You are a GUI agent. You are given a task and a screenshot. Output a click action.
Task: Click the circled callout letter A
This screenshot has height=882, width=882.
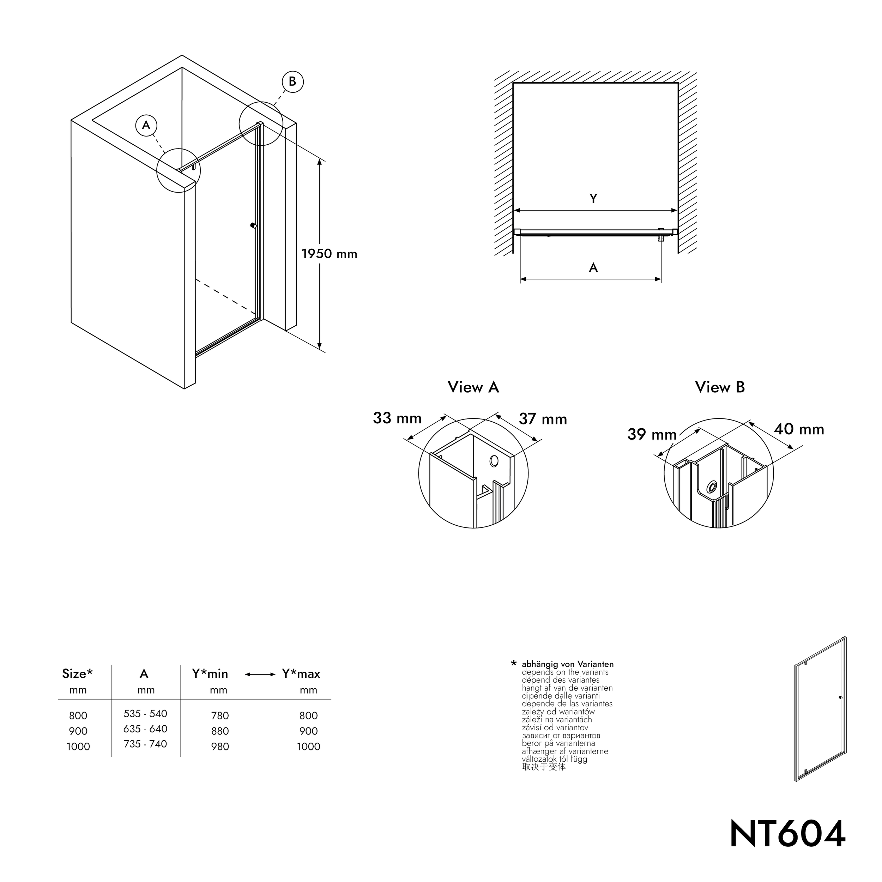coord(146,125)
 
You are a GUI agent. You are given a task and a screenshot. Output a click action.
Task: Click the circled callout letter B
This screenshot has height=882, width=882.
coord(292,82)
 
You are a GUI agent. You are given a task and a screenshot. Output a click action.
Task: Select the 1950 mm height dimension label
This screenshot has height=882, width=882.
coord(329,254)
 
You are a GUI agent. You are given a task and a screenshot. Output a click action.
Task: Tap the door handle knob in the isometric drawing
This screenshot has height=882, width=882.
coord(253,225)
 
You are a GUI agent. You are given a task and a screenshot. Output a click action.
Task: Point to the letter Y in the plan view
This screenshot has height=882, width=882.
coord(593,199)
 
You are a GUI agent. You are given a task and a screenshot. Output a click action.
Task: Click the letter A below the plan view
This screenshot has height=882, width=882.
coord(593,267)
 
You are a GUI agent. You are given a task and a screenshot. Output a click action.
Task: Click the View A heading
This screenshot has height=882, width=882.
coord(473,387)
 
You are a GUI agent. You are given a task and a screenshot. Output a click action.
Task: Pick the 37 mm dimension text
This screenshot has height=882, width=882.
coord(543,419)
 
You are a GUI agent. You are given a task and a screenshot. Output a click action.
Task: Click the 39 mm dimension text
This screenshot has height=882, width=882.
coord(652,434)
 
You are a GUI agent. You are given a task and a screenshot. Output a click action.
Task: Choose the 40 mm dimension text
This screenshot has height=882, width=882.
coord(799,429)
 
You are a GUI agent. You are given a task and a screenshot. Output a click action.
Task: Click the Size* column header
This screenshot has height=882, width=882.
coord(77,674)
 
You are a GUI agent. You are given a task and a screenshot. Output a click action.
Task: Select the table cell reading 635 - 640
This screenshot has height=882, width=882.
coord(145,729)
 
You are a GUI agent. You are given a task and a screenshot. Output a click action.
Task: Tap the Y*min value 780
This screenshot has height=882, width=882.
coord(219,716)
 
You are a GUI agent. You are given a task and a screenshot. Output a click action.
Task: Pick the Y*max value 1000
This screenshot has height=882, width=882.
coord(309,747)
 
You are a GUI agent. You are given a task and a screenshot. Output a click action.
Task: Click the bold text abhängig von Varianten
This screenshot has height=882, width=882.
coord(567,664)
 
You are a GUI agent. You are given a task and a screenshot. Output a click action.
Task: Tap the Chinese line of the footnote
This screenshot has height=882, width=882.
coord(544,767)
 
